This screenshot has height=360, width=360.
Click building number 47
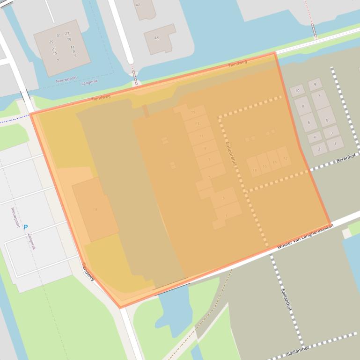click(x=138, y=5)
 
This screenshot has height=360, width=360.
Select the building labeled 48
click(x=156, y=38)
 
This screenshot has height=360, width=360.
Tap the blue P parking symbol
click(x=25, y=227)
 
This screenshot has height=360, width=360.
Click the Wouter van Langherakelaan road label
click(x=304, y=237)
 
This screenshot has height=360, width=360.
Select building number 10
click(x=297, y=91)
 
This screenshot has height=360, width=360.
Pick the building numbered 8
click(x=303, y=107)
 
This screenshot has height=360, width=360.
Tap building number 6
click(x=309, y=122)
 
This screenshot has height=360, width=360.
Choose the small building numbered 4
click(x=314, y=137)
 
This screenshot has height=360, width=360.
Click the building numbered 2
click(x=319, y=150)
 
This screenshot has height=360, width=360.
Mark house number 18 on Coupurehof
click(x=254, y=170)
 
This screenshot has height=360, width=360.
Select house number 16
click(x=264, y=166)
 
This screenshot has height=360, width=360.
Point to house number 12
click(x=285, y=158)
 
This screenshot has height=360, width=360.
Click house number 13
click(x=197, y=124)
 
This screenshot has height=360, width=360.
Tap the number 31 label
click(x=59, y=36)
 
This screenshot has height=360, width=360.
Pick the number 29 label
click(x=51, y=42)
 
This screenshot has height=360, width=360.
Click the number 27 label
click(x=67, y=34)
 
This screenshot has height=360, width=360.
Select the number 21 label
click(x=54, y=49)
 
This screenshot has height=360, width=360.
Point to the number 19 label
click(x=69, y=40)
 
